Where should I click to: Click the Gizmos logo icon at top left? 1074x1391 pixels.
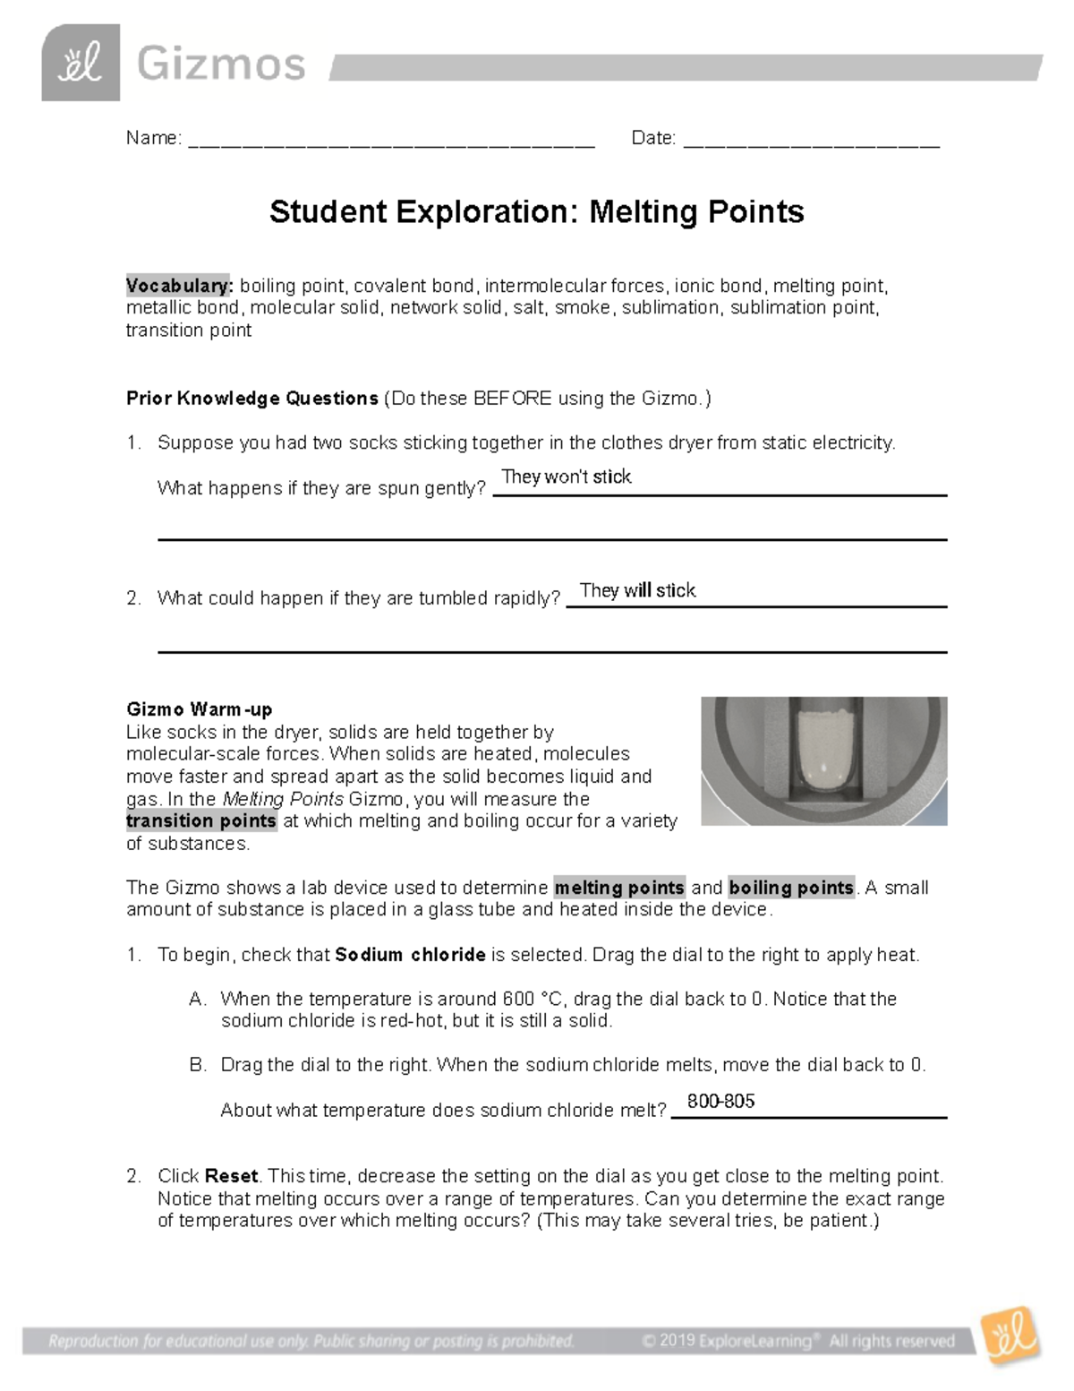click(81, 63)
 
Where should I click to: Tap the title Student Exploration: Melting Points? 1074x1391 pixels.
click(536, 212)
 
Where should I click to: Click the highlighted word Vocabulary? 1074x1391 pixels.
click(179, 286)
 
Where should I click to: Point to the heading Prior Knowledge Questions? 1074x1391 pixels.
click(251, 399)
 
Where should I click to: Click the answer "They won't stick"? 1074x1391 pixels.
click(566, 477)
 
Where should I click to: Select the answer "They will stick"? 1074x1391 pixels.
click(637, 590)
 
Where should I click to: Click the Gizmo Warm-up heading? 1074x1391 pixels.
click(199, 709)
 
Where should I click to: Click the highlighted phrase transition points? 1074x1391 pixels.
click(201, 821)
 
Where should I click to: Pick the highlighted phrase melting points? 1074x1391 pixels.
click(619, 888)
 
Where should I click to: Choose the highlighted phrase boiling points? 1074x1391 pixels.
click(791, 888)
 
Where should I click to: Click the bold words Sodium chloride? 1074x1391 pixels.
click(410, 955)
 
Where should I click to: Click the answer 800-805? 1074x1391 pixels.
click(720, 1101)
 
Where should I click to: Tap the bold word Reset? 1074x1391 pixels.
click(231, 1176)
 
